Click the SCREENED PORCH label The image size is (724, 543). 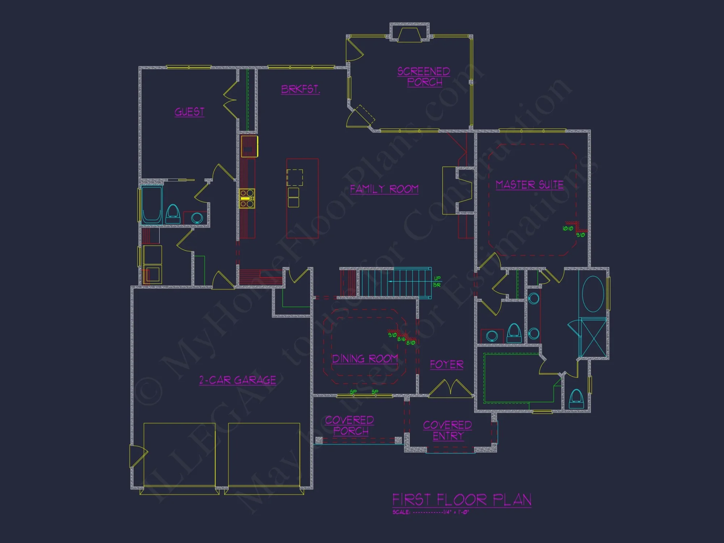click(x=424, y=77)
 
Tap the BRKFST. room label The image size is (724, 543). click(x=300, y=89)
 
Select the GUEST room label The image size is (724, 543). click(x=189, y=112)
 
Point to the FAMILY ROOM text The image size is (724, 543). click(x=384, y=189)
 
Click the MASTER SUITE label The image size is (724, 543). click(x=530, y=185)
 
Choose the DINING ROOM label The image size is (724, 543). click(x=365, y=359)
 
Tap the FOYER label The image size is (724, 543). click(x=446, y=365)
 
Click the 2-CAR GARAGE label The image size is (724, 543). click(x=237, y=380)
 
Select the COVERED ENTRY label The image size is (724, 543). click(x=448, y=430)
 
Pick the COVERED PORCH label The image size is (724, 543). click(x=350, y=425)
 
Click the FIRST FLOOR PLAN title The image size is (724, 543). click(x=462, y=500)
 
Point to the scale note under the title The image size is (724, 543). click(x=430, y=512)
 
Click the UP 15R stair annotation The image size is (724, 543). click(x=437, y=281)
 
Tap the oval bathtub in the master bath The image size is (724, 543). click(x=593, y=294)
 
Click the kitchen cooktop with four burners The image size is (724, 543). click(x=247, y=198)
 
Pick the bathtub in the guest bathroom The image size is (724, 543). click(x=151, y=205)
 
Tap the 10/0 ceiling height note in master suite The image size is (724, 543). click(x=568, y=228)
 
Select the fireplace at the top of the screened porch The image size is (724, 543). click(x=409, y=33)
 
